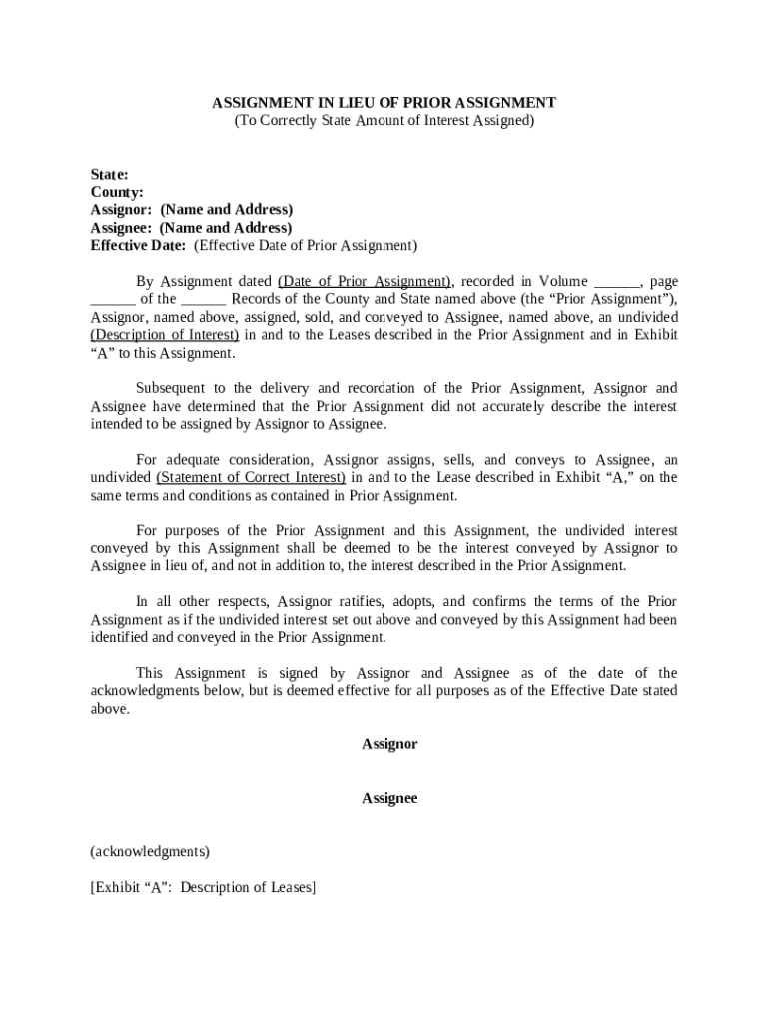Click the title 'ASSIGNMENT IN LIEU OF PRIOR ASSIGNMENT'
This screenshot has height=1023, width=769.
[x=384, y=103]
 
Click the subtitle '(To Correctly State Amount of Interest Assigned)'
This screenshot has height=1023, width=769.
[x=384, y=121]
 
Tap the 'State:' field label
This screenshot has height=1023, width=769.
[x=109, y=174]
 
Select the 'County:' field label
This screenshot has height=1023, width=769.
[x=117, y=192]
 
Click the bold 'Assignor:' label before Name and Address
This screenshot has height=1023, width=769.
[x=121, y=210]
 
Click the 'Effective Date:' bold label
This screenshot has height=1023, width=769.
[x=138, y=245]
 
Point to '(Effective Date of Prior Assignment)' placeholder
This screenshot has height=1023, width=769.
[x=306, y=245]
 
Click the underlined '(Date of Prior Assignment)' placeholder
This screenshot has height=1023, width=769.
[x=365, y=281]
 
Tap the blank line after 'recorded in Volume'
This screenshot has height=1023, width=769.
[x=616, y=283]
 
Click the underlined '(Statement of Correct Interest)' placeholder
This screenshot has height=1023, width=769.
[x=251, y=478]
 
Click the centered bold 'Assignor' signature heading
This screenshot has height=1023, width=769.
[x=389, y=744]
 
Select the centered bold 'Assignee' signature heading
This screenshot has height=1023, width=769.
[x=389, y=798]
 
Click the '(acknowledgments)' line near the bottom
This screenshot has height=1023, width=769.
[x=150, y=852]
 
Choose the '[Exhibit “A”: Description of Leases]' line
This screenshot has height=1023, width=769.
[x=203, y=887]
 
